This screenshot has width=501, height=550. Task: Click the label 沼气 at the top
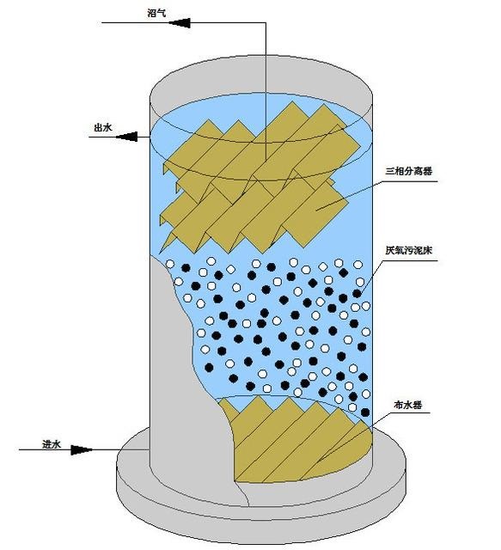[x=156, y=14]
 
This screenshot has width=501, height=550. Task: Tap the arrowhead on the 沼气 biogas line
[x=180, y=23]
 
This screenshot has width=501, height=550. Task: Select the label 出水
[x=103, y=128]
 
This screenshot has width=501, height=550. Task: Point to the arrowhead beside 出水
[x=126, y=137]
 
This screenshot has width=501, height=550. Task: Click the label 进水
[x=52, y=444]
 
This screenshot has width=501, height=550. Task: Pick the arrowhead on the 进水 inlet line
[x=82, y=449]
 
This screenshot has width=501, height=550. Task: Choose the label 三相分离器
[x=409, y=171]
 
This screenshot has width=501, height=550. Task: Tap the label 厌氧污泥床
[x=409, y=250]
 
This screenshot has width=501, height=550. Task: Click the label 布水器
[x=408, y=405]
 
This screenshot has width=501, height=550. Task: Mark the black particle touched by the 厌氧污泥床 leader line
[x=357, y=293]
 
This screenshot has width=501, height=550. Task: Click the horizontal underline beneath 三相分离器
[x=411, y=181]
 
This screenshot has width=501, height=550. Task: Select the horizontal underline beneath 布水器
[x=410, y=412]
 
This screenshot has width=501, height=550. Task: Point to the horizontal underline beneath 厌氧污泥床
[x=411, y=260]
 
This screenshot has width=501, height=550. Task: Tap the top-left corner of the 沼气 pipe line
[x=102, y=23]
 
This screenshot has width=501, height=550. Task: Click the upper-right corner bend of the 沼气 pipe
[x=266, y=23]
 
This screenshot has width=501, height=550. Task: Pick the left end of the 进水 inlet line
[x=19, y=449]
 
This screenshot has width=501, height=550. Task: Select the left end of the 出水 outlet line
[x=89, y=137]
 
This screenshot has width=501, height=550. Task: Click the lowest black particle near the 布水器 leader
[x=365, y=412]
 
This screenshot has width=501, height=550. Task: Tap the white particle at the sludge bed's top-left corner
[x=170, y=264]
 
